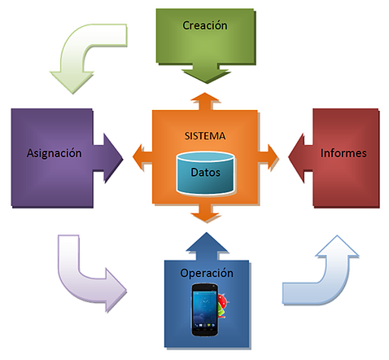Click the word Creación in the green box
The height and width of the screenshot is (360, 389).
205,25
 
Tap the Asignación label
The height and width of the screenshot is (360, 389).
54,153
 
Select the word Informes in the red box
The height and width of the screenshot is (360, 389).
343,153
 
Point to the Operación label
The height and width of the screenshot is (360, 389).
207,273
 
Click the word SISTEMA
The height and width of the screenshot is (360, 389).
205,136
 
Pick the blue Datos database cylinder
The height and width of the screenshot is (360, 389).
205,173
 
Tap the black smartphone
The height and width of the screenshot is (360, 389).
205,310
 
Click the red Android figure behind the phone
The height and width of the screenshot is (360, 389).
223,305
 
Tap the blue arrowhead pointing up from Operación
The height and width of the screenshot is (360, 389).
207,246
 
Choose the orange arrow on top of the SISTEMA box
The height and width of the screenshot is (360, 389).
205,101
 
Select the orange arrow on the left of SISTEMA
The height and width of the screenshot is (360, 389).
142,158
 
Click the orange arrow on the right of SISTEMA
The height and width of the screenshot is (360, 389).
269,158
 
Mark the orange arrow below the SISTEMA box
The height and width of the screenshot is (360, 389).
206,213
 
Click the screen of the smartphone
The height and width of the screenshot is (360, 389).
204,307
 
